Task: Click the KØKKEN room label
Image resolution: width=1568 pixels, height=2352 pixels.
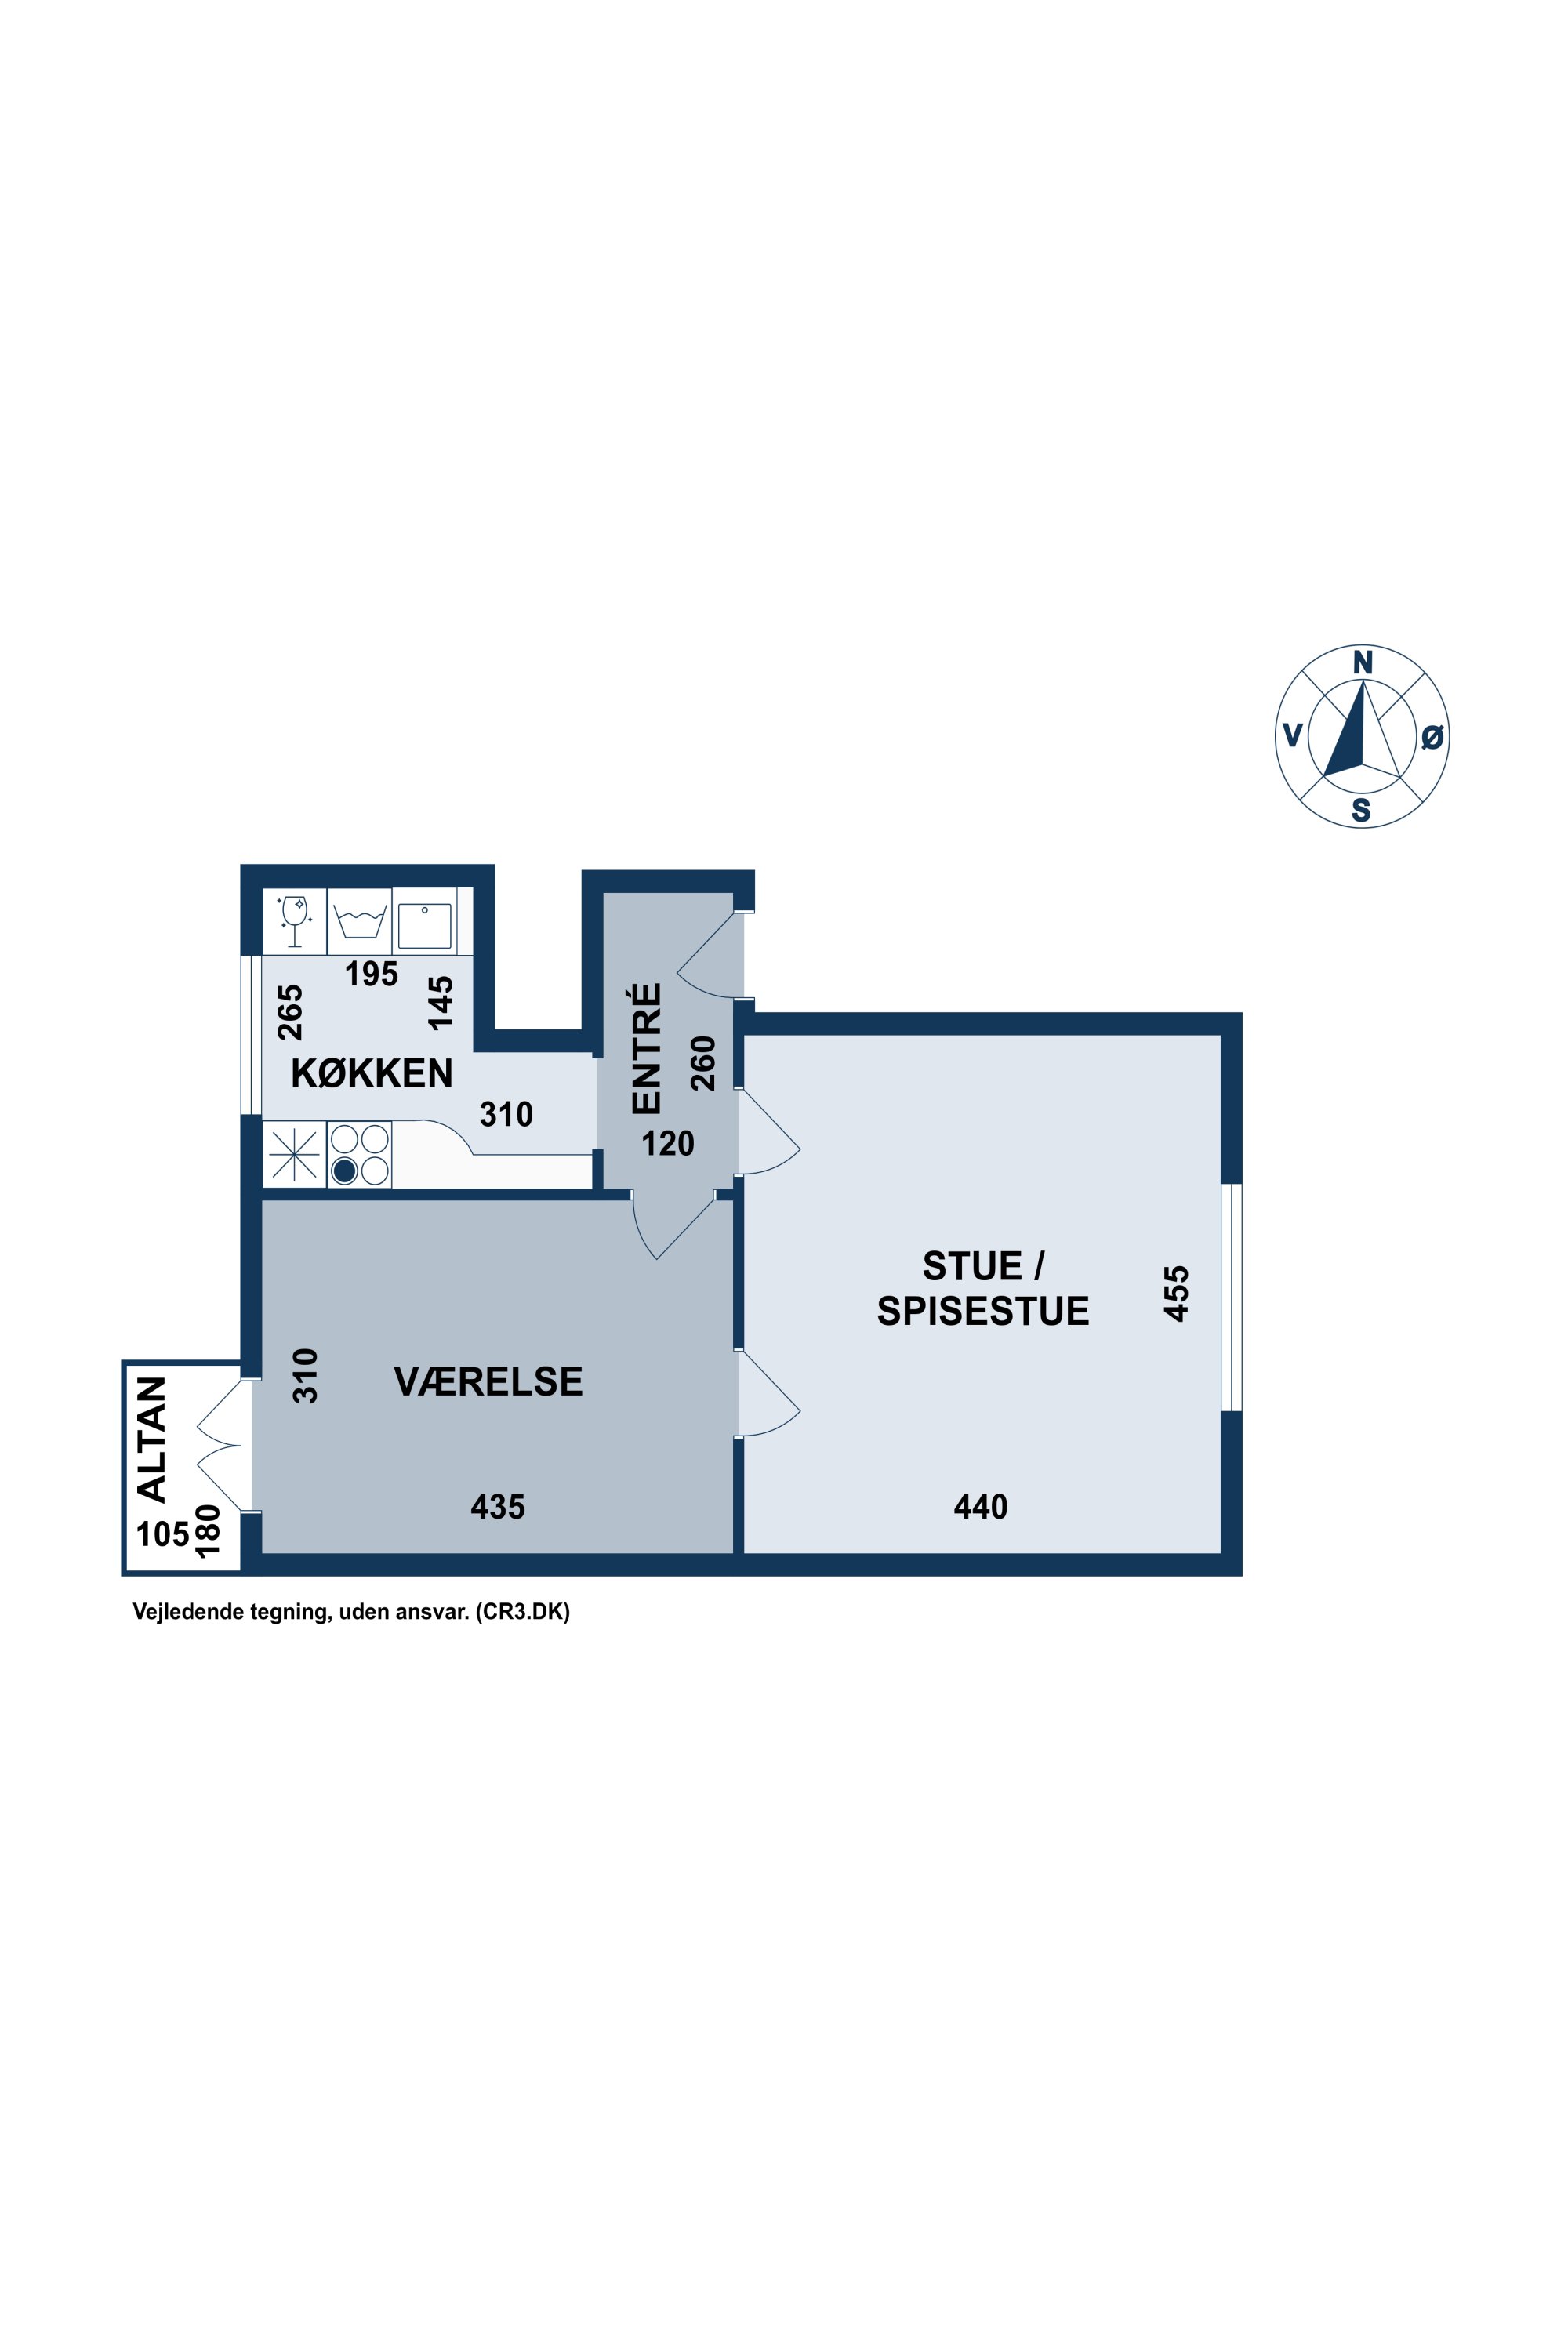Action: point(372,1073)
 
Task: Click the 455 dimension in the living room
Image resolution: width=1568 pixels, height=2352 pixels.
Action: point(1177,1294)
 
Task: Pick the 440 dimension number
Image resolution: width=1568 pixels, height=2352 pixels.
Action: point(981,1506)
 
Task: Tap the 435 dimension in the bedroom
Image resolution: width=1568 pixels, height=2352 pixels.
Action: point(498,1506)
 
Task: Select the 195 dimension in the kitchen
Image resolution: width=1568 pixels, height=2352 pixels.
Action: point(371,973)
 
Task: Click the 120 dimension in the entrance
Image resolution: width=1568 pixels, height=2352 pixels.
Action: point(667,1143)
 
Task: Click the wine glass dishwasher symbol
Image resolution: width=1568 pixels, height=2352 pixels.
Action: point(295,920)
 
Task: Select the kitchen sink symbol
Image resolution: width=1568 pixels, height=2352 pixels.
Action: point(425,925)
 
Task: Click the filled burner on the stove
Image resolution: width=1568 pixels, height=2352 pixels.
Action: point(344,1170)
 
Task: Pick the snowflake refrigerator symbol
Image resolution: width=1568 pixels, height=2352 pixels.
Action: point(295,1155)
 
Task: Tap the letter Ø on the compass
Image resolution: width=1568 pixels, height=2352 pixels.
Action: point(1432,737)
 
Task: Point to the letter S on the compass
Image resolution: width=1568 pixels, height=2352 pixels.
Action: point(1361,810)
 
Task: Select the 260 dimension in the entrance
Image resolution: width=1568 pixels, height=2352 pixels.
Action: point(704,1063)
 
